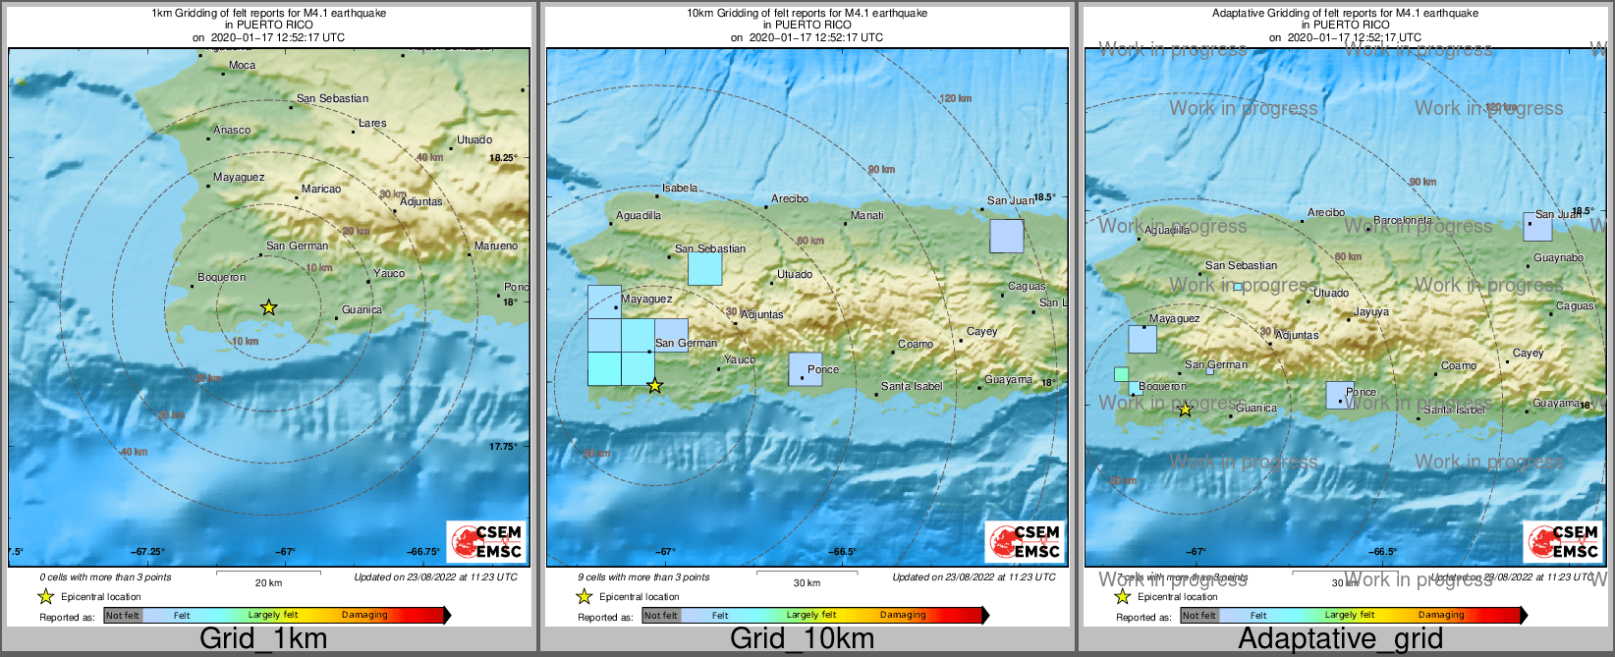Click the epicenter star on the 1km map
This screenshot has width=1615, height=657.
coord(268,308)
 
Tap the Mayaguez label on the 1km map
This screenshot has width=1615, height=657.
coord(239,178)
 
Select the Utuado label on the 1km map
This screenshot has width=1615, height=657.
coord(474,140)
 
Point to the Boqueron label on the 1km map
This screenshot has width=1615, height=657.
coord(222,278)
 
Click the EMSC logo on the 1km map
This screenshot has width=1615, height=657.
coord(487,541)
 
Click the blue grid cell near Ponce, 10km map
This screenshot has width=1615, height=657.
coord(805,369)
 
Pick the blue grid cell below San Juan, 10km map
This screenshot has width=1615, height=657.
coord(1006,237)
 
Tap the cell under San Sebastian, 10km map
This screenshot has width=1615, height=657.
coord(704,269)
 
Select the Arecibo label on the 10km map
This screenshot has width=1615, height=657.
coord(790,198)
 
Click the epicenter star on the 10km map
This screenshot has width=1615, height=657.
coord(655,386)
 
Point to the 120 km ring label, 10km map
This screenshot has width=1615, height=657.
coord(955,98)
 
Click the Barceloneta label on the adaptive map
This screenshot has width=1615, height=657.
coord(1403,221)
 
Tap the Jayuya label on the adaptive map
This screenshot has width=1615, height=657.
coord(1371,312)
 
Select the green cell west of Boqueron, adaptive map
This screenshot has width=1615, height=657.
coord(1121,374)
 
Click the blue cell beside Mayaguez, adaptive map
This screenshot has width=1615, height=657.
coord(1142,340)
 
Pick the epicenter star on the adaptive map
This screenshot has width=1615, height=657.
coord(1185,410)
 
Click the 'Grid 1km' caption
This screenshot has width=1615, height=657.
coord(263,639)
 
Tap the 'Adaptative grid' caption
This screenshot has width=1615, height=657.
coord(1340,639)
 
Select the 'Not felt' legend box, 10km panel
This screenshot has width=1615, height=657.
coord(661,616)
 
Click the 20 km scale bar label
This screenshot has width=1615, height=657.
coord(268,583)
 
